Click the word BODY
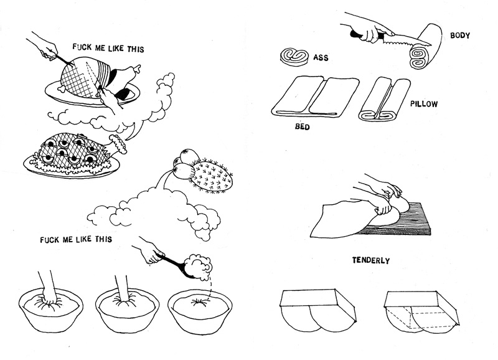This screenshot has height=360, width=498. pyautogui.click(x=460, y=36)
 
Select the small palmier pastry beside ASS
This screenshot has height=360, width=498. pyautogui.click(x=296, y=56)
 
